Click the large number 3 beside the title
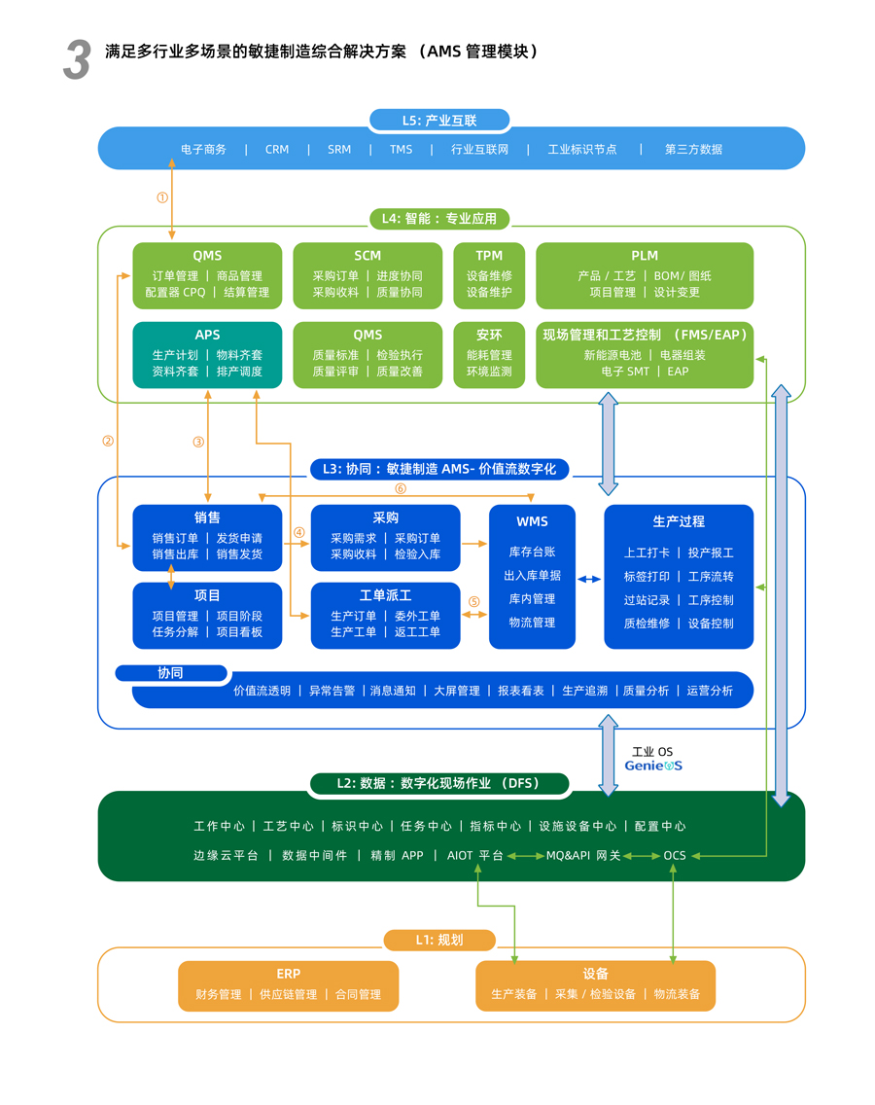coord(77,60)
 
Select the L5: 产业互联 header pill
coord(439,121)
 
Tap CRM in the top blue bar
coord(277,150)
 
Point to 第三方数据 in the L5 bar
coord(693,150)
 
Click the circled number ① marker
coord(162,197)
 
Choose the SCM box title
coord(367,256)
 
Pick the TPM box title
coord(489,256)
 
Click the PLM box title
coord(645,256)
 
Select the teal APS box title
coord(207,336)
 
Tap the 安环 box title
coord(489,336)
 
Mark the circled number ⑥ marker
coord(400,489)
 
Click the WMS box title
coord(532,522)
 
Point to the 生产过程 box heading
coord(679,521)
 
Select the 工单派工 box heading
coord(385,595)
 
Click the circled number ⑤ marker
coord(474,602)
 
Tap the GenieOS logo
coord(653,766)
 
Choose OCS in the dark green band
coord(675,856)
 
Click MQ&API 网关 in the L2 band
coord(583,856)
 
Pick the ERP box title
coord(289,974)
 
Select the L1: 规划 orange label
coord(439,940)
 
